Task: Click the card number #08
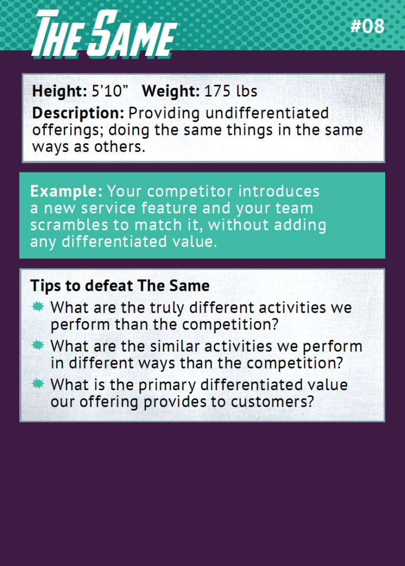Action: (x=367, y=27)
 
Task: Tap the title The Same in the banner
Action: (x=104, y=34)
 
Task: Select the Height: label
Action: (x=60, y=91)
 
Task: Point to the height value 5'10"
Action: (x=110, y=91)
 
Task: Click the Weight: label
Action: (x=171, y=91)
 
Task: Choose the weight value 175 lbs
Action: (x=231, y=91)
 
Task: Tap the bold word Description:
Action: (x=78, y=113)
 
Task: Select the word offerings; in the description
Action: (x=68, y=130)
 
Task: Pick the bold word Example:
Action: (x=66, y=191)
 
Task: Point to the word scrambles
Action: (x=69, y=225)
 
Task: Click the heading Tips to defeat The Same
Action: (x=120, y=286)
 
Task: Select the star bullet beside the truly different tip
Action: (x=38, y=307)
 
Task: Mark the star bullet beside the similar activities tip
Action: (x=38, y=345)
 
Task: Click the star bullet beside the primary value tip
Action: (x=38, y=384)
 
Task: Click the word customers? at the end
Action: (x=272, y=402)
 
